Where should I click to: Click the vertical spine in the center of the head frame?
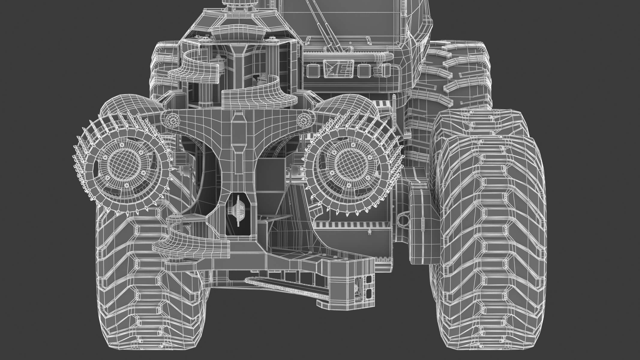[x=239, y=144]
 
